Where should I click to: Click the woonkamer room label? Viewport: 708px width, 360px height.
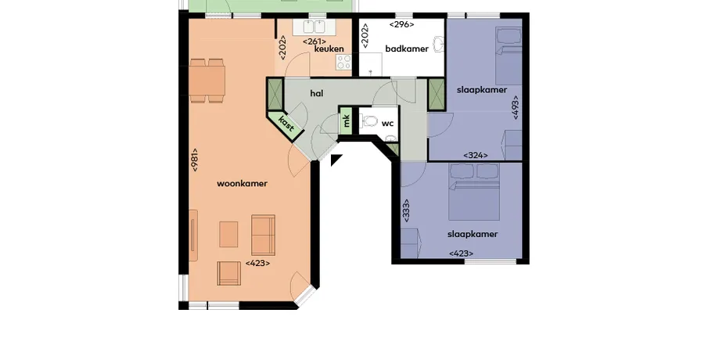tap(242, 183)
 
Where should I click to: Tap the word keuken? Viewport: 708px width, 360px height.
tap(329, 49)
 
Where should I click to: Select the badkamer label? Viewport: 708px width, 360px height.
tap(407, 49)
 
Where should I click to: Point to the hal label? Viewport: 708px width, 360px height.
tap(317, 93)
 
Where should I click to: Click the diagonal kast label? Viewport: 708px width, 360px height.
tap(286, 124)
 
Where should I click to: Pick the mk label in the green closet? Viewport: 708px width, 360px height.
tap(346, 121)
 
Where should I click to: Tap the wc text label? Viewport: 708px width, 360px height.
tap(387, 124)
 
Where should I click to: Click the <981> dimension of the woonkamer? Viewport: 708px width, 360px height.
tap(195, 160)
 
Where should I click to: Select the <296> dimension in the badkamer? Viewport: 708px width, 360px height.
tap(401, 24)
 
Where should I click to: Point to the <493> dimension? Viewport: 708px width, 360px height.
tap(516, 107)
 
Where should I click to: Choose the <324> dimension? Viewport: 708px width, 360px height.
tap(476, 156)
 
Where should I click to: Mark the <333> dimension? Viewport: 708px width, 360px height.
tap(406, 211)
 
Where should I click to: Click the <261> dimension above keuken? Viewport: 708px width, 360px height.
tap(314, 41)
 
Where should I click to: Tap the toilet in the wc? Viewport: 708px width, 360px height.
tap(369, 121)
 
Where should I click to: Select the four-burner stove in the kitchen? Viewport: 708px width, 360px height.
tap(344, 63)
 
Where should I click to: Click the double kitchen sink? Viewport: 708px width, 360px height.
tap(314, 27)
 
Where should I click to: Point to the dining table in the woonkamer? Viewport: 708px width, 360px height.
tap(207, 81)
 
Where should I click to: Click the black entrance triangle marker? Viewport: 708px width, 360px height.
tap(336, 159)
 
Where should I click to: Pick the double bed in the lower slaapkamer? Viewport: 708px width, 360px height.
tap(474, 192)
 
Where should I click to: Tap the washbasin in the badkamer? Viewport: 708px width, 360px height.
tap(438, 45)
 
